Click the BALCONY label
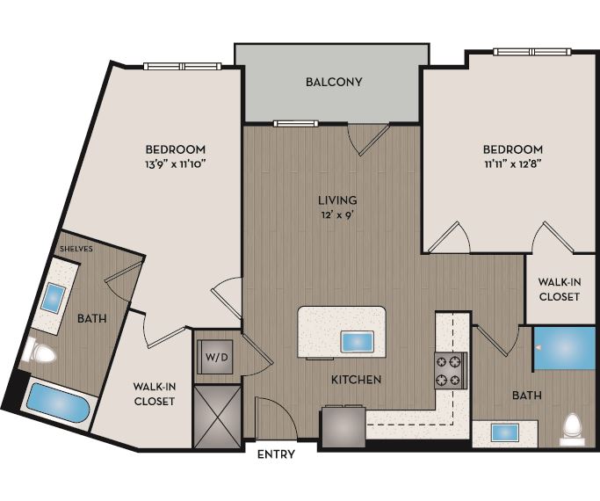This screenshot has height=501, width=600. (x=334, y=83)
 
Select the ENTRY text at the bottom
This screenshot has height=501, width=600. (x=276, y=455)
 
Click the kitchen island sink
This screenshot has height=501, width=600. (x=358, y=340)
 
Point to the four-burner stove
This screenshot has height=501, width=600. (x=451, y=370)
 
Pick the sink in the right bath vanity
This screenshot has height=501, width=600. (x=504, y=432)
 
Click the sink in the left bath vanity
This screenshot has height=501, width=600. (x=54, y=297)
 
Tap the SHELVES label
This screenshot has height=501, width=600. (x=76, y=249)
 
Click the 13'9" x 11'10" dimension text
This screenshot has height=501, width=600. (x=176, y=163)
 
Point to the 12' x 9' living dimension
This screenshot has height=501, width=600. (x=338, y=214)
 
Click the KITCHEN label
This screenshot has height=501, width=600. (x=356, y=380)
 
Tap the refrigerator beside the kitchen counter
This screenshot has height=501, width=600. (x=343, y=427)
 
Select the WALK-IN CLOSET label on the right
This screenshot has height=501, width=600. (x=559, y=289)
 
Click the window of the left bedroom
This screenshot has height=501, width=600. (x=183, y=66)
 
